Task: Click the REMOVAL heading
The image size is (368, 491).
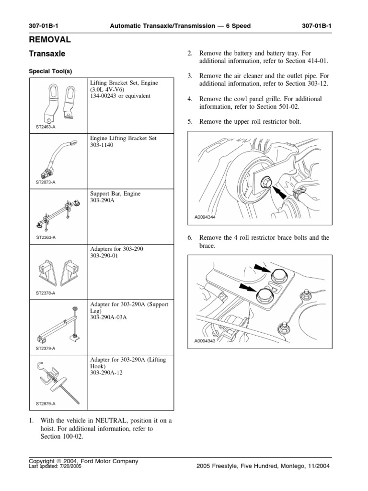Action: (50, 39)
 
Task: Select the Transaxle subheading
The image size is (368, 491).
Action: (47, 55)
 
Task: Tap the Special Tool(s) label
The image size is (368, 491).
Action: (50, 71)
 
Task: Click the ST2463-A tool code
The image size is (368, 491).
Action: (46, 127)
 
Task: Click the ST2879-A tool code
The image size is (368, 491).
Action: (46, 404)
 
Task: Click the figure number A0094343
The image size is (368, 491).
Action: (205, 341)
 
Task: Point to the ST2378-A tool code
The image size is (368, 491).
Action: (46, 292)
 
